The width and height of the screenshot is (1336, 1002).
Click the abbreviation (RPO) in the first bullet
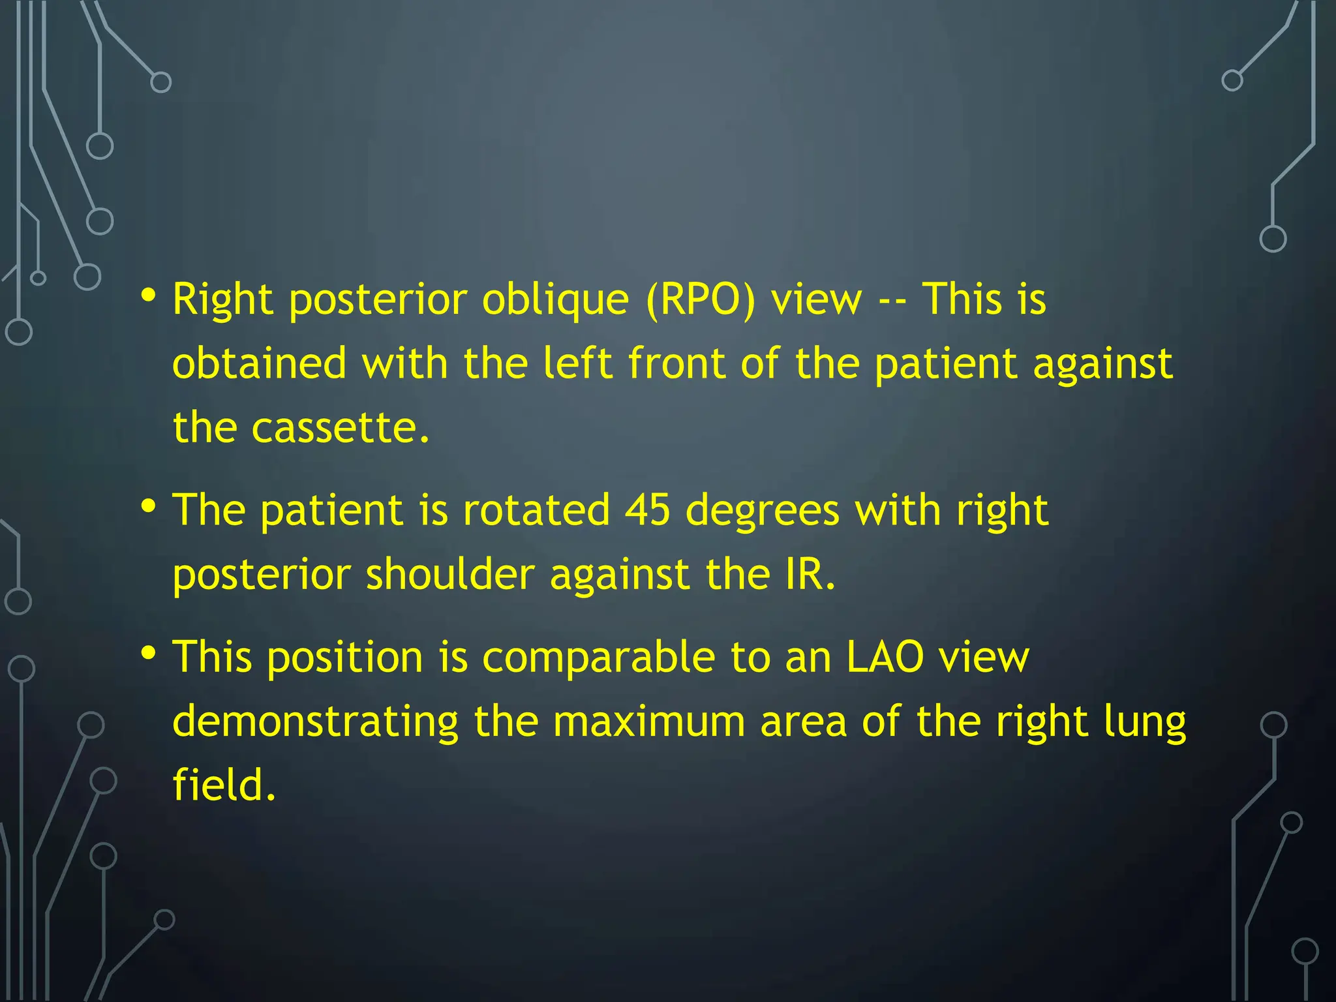click(701, 300)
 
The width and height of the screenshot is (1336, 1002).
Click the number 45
click(647, 510)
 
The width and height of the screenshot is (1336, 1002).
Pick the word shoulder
click(450, 575)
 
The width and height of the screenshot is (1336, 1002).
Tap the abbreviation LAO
click(885, 657)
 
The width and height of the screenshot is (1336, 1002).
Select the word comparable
click(598, 658)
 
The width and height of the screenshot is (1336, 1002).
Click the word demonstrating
click(316, 722)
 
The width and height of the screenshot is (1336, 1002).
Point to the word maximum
click(648, 722)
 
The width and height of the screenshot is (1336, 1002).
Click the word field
click(224, 784)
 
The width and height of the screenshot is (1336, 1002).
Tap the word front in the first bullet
click(676, 363)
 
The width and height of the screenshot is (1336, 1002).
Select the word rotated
click(536, 510)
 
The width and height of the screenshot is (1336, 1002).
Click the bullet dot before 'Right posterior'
click(149, 296)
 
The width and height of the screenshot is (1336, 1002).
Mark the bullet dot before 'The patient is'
click(149, 506)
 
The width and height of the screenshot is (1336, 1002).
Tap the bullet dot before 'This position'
click(149, 652)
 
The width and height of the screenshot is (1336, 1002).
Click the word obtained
click(259, 363)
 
